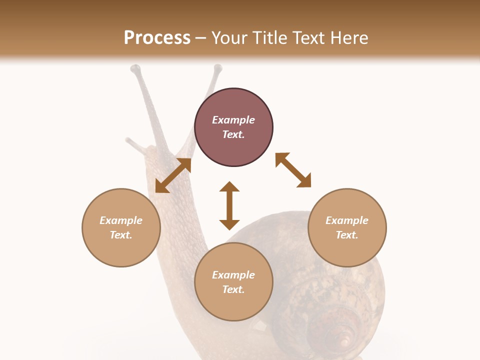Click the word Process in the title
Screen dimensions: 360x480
tap(157, 38)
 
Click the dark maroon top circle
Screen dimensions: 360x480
tap(233, 127)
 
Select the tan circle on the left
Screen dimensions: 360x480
tap(121, 227)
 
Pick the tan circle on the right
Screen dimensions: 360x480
tap(347, 227)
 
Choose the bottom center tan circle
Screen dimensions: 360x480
tap(233, 282)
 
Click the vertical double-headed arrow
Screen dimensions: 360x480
tap(229, 205)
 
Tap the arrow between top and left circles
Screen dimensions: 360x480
tap(173, 175)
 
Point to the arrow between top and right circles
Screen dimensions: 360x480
tap(293, 170)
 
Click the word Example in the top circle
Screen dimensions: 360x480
tap(233, 120)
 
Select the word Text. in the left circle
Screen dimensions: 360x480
tap(121, 235)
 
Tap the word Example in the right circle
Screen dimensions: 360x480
tap(347, 220)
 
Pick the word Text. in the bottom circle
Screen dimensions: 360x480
tap(233, 289)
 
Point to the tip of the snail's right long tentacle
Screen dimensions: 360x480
tap(217, 68)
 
